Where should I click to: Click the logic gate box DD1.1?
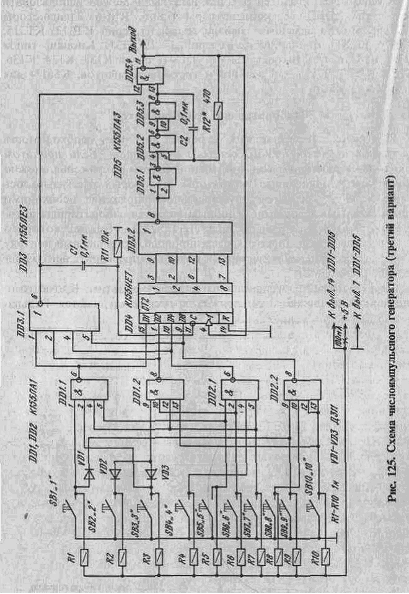pyautogui.click(x=90, y=391)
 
